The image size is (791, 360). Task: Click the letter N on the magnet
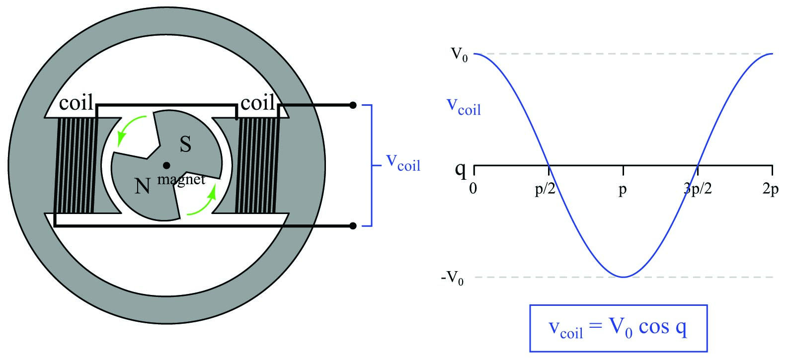pyautogui.click(x=143, y=186)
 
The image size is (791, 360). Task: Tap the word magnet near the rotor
pyautogui.click(x=181, y=179)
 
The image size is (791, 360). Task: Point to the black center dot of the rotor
pyautogui.click(x=166, y=165)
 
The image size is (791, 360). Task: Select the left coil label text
pyautogui.click(x=76, y=103)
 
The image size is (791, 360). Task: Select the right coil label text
pyautogui.click(x=257, y=103)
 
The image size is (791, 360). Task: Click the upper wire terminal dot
pyautogui.click(x=353, y=105)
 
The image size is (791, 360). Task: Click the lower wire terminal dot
pyautogui.click(x=353, y=226)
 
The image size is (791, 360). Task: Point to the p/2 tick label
pyautogui.click(x=545, y=190)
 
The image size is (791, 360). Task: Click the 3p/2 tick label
pyautogui.click(x=698, y=190)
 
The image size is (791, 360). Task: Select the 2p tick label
pyautogui.click(x=770, y=190)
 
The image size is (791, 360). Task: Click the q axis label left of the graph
pyautogui.click(x=461, y=170)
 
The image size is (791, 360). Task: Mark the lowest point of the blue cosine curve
pyautogui.click(x=623, y=277)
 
